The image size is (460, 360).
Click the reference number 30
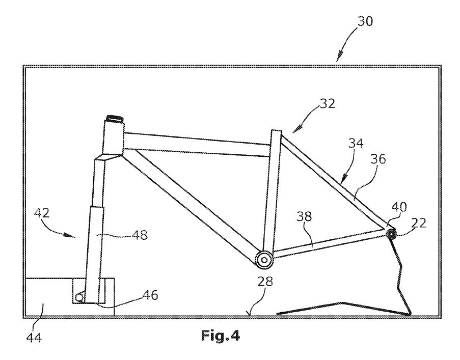[365, 21]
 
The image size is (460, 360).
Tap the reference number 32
[328, 104]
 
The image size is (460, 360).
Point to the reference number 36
[378, 159]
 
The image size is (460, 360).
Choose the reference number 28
[265, 282]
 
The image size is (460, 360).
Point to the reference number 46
[150, 295]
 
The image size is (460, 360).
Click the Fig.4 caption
[220, 336]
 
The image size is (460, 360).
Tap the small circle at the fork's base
[79, 297]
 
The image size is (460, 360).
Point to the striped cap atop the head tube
[116, 119]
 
